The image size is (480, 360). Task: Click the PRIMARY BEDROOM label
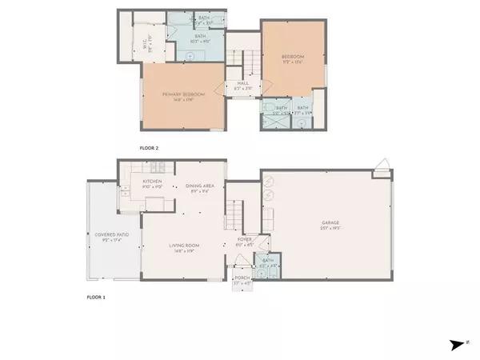click(184, 94)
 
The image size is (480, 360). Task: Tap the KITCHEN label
click(153, 182)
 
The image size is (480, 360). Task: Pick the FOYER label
click(245, 238)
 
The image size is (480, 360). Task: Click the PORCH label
click(242, 279)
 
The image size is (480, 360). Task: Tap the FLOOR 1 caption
click(96, 297)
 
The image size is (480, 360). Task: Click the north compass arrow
click(457, 344)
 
